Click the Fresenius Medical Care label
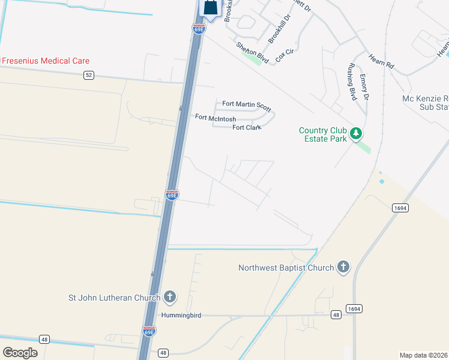click(x=46, y=61)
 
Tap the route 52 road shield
click(x=89, y=75)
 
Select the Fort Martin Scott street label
click(x=246, y=104)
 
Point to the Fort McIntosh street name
click(x=215, y=118)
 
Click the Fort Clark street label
click(x=246, y=127)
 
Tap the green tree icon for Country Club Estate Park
click(x=356, y=133)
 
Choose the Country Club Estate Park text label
click(x=324, y=134)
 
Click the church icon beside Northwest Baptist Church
click(x=343, y=268)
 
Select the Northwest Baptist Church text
click(x=286, y=268)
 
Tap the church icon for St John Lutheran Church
click(x=170, y=297)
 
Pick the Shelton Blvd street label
click(x=252, y=54)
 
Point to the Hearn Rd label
click(x=381, y=61)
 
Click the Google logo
click(x=20, y=353)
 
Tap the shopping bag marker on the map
click(x=211, y=8)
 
